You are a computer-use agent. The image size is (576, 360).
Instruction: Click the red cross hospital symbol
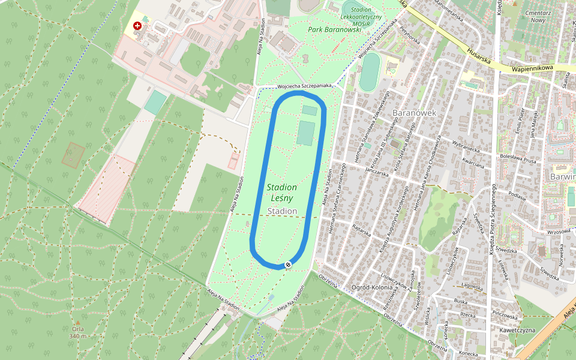coord(138,26)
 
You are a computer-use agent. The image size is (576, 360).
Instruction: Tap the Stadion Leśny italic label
coord(282,193)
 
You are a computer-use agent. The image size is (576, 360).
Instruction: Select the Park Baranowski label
coord(334,29)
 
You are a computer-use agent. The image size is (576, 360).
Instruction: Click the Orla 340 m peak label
coord(77,332)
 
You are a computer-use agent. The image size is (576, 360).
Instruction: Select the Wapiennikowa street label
coord(532,68)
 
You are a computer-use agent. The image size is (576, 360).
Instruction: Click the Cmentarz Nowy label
coord(538,16)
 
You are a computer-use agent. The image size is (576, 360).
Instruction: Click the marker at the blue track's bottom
coord(289,265)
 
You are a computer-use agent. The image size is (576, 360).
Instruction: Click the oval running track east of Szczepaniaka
coord(370,72)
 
